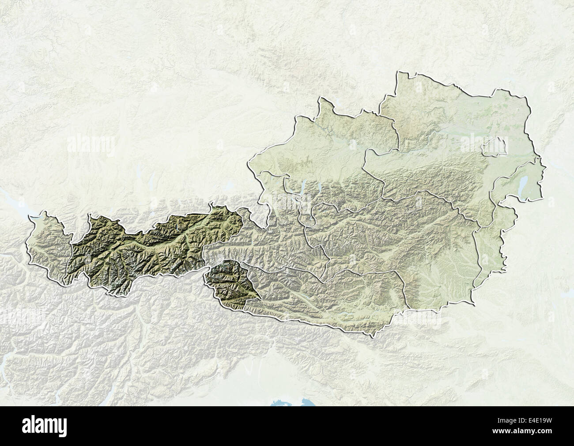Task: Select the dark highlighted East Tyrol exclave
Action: pyautogui.click(x=230, y=283)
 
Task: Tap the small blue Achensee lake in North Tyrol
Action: pyautogui.click(x=177, y=229)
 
